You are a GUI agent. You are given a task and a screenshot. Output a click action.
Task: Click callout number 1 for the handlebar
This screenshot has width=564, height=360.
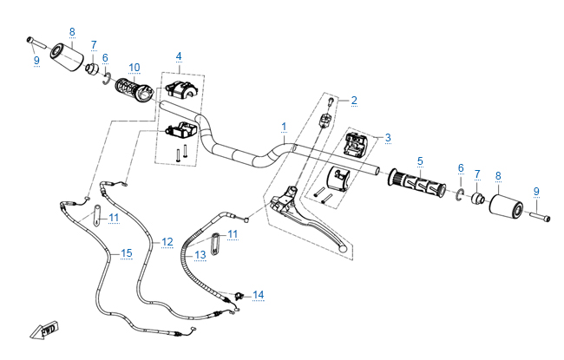coord(285,127)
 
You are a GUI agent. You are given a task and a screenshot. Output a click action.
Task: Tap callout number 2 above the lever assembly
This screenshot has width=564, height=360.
coord(354,101)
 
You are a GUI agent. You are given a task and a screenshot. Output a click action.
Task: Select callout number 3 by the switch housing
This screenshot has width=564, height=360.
coord(388,137)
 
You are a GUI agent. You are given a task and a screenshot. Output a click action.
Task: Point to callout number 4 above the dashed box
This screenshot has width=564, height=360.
coord(179,56)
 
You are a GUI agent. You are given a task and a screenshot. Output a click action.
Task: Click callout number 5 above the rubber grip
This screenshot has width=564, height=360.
coord(420,160)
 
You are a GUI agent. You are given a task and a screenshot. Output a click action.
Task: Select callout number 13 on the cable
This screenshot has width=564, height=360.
coord(200,254)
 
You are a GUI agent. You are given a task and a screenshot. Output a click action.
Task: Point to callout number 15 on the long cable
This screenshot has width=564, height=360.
coord(127,252)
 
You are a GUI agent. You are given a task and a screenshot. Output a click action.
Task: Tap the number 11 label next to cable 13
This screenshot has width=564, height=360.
coord(232,234)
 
